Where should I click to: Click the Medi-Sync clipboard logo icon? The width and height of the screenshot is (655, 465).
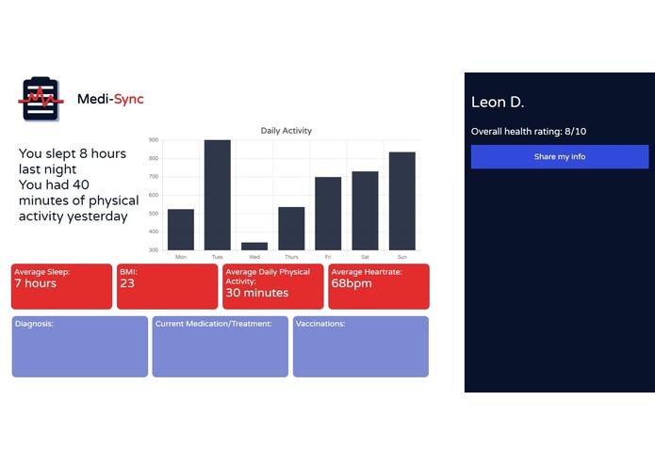(41, 99)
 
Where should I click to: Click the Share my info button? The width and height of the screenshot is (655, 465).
(559, 157)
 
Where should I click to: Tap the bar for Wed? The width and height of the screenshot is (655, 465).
(254, 246)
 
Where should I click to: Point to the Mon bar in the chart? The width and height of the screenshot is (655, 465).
(181, 230)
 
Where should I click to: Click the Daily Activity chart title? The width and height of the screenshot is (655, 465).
(286, 131)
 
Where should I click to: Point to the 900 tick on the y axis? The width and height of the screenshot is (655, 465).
(154, 140)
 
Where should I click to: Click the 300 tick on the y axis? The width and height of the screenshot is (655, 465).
(154, 250)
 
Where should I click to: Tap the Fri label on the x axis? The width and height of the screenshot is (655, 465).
(328, 257)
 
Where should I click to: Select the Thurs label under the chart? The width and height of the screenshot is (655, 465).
(291, 257)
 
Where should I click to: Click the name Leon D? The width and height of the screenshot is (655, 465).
(497, 102)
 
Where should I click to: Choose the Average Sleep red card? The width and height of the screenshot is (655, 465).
(61, 286)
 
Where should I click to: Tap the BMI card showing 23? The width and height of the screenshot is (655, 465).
(167, 286)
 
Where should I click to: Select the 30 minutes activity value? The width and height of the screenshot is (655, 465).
(257, 293)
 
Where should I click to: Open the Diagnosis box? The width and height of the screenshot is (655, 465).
(79, 346)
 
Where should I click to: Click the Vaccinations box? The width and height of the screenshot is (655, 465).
(360, 346)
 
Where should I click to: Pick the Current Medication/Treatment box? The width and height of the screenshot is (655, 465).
(220, 346)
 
